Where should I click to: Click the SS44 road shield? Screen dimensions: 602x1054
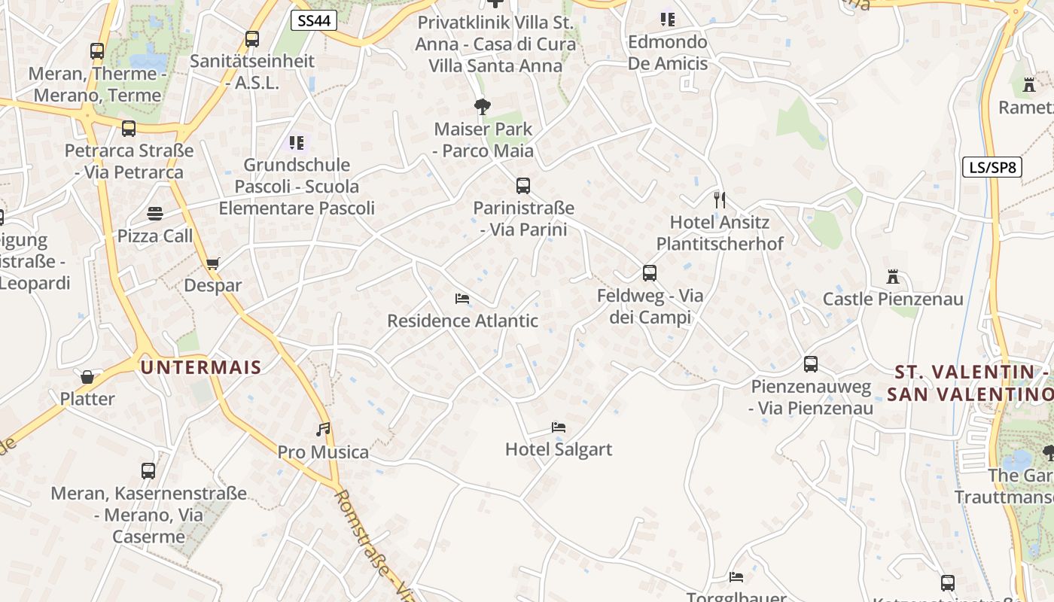(x=313, y=20)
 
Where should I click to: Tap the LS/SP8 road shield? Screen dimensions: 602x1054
(x=992, y=167)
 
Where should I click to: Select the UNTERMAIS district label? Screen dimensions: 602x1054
(x=200, y=368)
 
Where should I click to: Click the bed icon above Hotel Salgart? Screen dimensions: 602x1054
(x=559, y=427)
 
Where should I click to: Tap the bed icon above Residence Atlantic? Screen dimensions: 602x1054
(x=462, y=299)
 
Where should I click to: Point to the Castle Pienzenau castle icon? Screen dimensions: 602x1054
(x=893, y=277)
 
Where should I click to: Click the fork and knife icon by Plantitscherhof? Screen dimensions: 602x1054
(x=720, y=199)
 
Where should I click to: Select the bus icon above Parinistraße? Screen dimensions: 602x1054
(x=523, y=185)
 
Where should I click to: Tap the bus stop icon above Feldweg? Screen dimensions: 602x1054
(x=650, y=273)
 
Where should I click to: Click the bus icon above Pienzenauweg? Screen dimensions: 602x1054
(x=811, y=364)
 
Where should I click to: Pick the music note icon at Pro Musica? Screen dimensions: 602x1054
(x=323, y=430)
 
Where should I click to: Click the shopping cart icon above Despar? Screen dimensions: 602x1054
(x=212, y=263)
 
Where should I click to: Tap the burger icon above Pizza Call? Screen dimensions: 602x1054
(x=155, y=214)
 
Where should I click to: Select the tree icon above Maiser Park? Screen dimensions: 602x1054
(x=483, y=107)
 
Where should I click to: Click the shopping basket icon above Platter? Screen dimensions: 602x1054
(x=87, y=377)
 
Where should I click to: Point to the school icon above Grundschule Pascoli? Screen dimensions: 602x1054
(x=297, y=142)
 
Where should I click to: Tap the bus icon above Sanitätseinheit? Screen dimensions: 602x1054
(x=252, y=38)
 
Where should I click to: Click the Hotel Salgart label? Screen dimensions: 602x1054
(x=559, y=449)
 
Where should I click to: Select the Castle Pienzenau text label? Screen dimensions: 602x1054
(x=893, y=299)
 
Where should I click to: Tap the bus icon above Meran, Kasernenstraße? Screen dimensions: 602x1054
(x=148, y=471)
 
